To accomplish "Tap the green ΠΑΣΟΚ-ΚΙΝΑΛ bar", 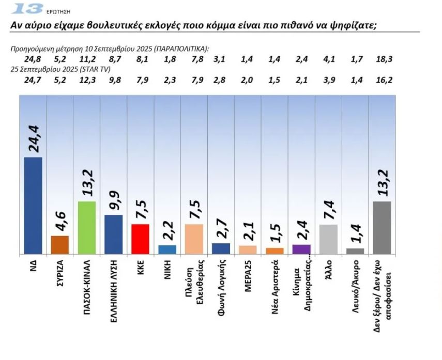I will pos(86,227).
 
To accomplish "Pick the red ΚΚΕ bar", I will pos(140,239).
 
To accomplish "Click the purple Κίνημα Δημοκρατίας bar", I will pos(301,249).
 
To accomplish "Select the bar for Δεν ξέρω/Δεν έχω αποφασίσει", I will pos(382,228).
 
